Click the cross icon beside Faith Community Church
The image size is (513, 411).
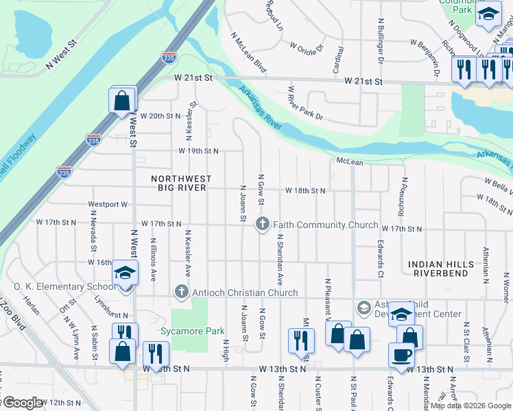coord(262,224)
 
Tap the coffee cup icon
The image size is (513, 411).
coord(401,355)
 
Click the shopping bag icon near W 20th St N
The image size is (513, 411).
coord(121,101)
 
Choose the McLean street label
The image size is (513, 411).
coord(349,162)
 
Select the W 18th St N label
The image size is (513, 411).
coord(305,190)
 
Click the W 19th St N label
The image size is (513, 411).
coord(198,151)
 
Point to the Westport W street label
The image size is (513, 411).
coord(108,204)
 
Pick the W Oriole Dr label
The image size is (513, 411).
coord(306,49)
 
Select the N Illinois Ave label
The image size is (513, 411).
coord(154,259)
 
